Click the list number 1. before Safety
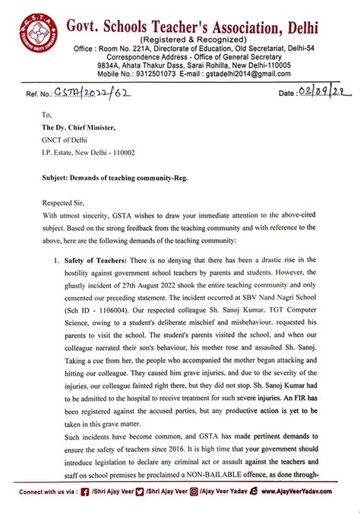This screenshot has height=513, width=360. point(56,261)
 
